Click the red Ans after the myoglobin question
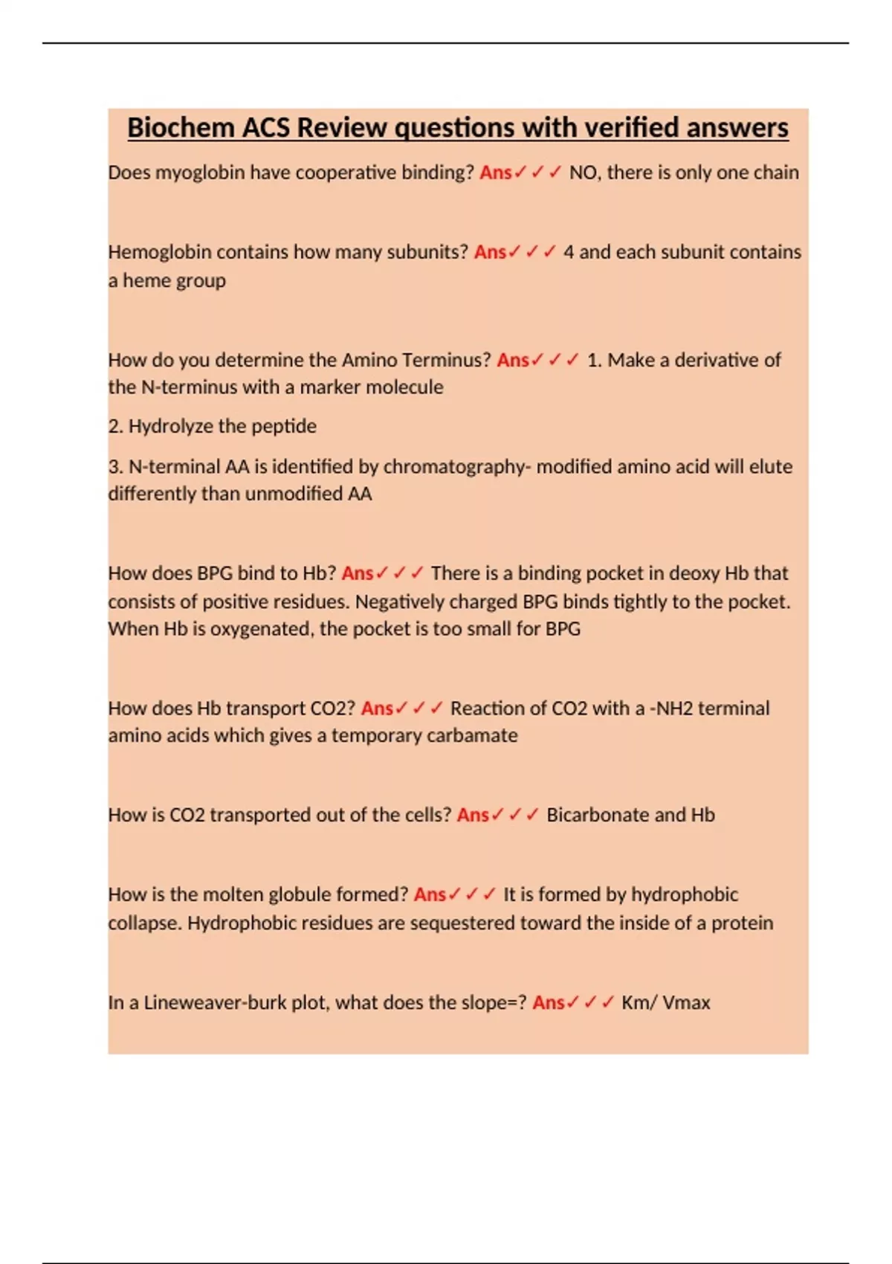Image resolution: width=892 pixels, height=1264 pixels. (495, 172)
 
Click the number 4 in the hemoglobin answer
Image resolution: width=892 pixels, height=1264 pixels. (569, 252)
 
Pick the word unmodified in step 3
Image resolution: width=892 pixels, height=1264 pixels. (294, 494)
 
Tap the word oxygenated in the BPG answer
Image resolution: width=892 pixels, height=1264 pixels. (259, 629)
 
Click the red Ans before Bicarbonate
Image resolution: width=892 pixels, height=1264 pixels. (473, 815)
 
